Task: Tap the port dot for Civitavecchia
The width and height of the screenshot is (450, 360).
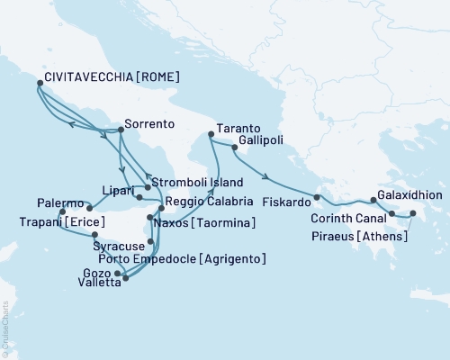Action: point(39,84)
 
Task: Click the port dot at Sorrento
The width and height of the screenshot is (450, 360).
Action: point(120,130)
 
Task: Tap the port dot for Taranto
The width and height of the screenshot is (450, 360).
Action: point(210,135)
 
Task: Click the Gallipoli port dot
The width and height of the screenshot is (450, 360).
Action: point(234,148)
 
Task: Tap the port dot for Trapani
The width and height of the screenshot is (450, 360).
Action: point(62,212)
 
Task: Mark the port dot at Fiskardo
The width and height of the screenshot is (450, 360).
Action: point(317,196)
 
